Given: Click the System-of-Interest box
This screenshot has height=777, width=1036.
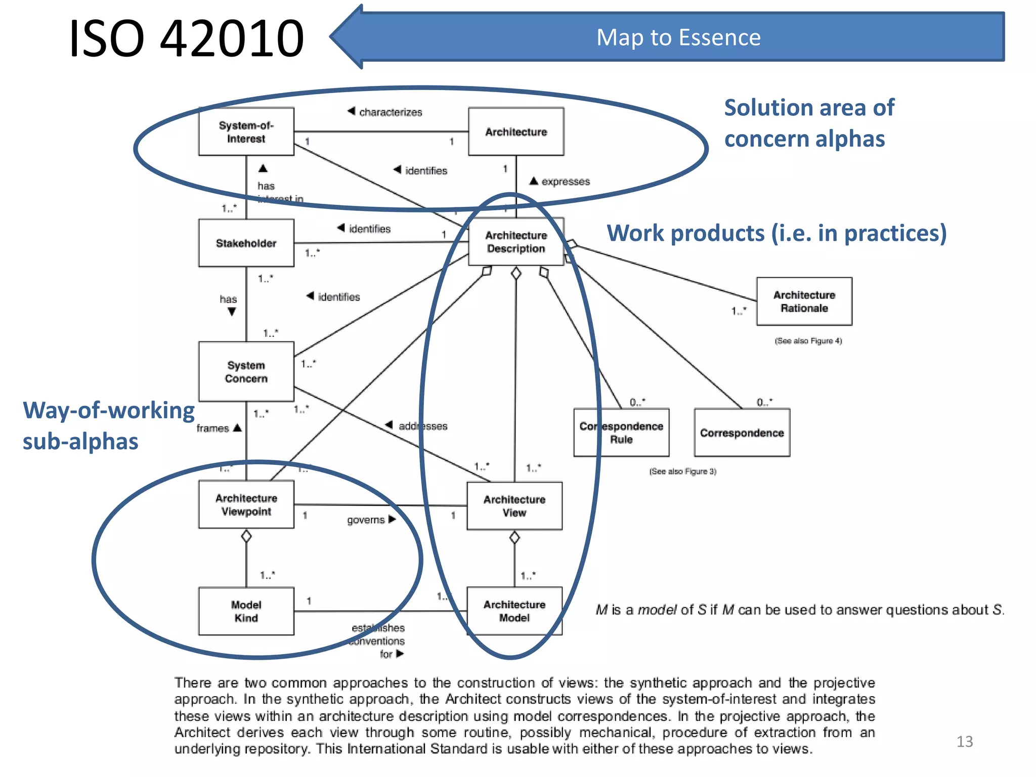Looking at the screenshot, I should (246, 132).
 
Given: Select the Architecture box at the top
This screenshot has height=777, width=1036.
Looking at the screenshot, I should (515, 132).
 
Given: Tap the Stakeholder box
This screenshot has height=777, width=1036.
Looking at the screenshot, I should (246, 243).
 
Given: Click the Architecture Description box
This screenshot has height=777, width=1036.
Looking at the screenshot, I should (515, 242).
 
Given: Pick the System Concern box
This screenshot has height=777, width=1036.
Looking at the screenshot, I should (246, 372).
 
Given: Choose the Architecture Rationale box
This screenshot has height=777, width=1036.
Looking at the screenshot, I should (804, 301).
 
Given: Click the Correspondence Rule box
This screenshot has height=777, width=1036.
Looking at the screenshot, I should (621, 433).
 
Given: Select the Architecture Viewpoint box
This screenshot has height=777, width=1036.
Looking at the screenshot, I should (246, 504).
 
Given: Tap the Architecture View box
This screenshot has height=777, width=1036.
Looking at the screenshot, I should (514, 506).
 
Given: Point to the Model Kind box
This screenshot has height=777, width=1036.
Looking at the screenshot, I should (246, 611).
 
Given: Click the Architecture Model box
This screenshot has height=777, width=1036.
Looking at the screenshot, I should (514, 611).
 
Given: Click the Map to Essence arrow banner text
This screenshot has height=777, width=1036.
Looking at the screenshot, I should (678, 37).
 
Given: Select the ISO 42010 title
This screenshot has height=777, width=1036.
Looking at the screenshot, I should (186, 38).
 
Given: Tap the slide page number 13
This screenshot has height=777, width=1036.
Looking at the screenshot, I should (964, 742).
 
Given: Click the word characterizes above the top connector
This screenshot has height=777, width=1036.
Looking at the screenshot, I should (390, 112).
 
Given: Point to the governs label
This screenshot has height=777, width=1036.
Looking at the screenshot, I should (366, 520).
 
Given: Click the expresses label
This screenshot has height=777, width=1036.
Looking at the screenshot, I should (565, 182).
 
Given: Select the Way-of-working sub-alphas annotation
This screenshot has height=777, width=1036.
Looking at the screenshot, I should (108, 425).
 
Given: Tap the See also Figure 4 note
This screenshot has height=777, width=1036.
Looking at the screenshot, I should (808, 341).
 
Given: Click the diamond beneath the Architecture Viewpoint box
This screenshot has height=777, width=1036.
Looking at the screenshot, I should (246, 536).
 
